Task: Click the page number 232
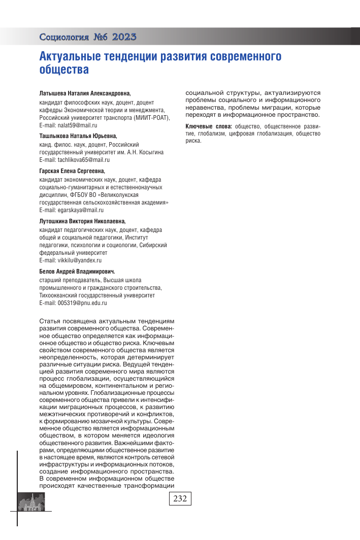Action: [x=180, y=498]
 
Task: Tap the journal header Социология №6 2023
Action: [x=87, y=37]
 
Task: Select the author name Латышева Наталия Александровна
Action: [x=85, y=94]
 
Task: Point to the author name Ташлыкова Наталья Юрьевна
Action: [x=78, y=136]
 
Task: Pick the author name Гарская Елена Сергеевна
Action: [x=76, y=171]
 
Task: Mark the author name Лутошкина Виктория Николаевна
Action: [x=82, y=221]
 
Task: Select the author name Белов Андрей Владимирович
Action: [x=77, y=272]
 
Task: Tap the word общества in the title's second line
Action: [x=64, y=70]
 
